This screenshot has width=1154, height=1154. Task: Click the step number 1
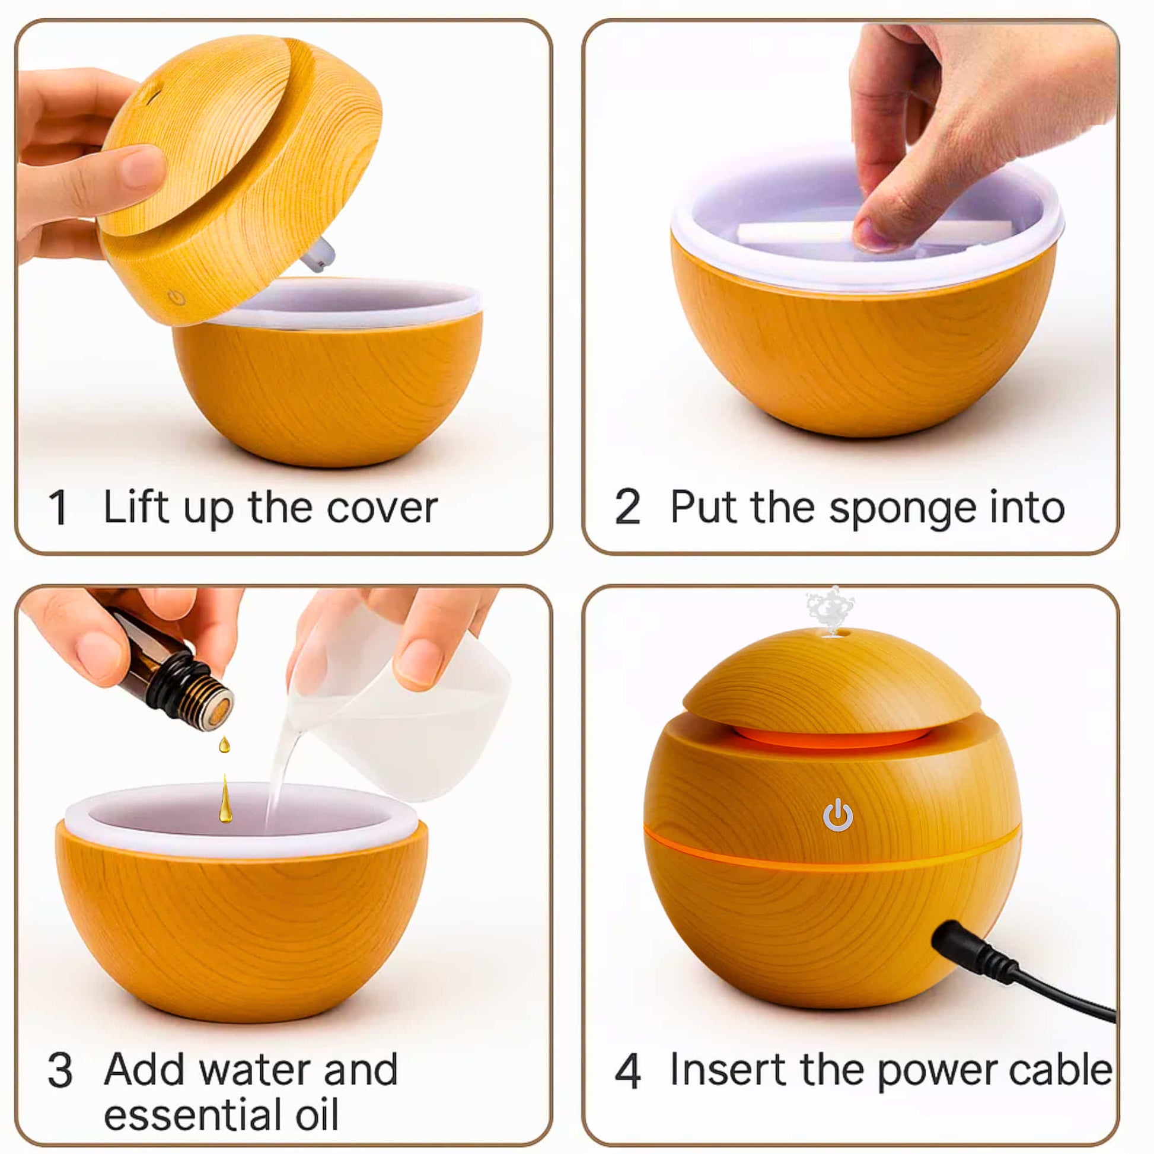click(58, 508)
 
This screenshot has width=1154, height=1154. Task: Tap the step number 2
click(627, 508)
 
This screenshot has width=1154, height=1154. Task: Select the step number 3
click(60, 1070)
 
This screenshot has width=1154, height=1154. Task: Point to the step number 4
click(628, 1070)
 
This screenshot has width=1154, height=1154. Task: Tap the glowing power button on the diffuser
click(837, 815)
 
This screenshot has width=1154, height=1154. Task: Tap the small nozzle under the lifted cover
click(318, 254)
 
